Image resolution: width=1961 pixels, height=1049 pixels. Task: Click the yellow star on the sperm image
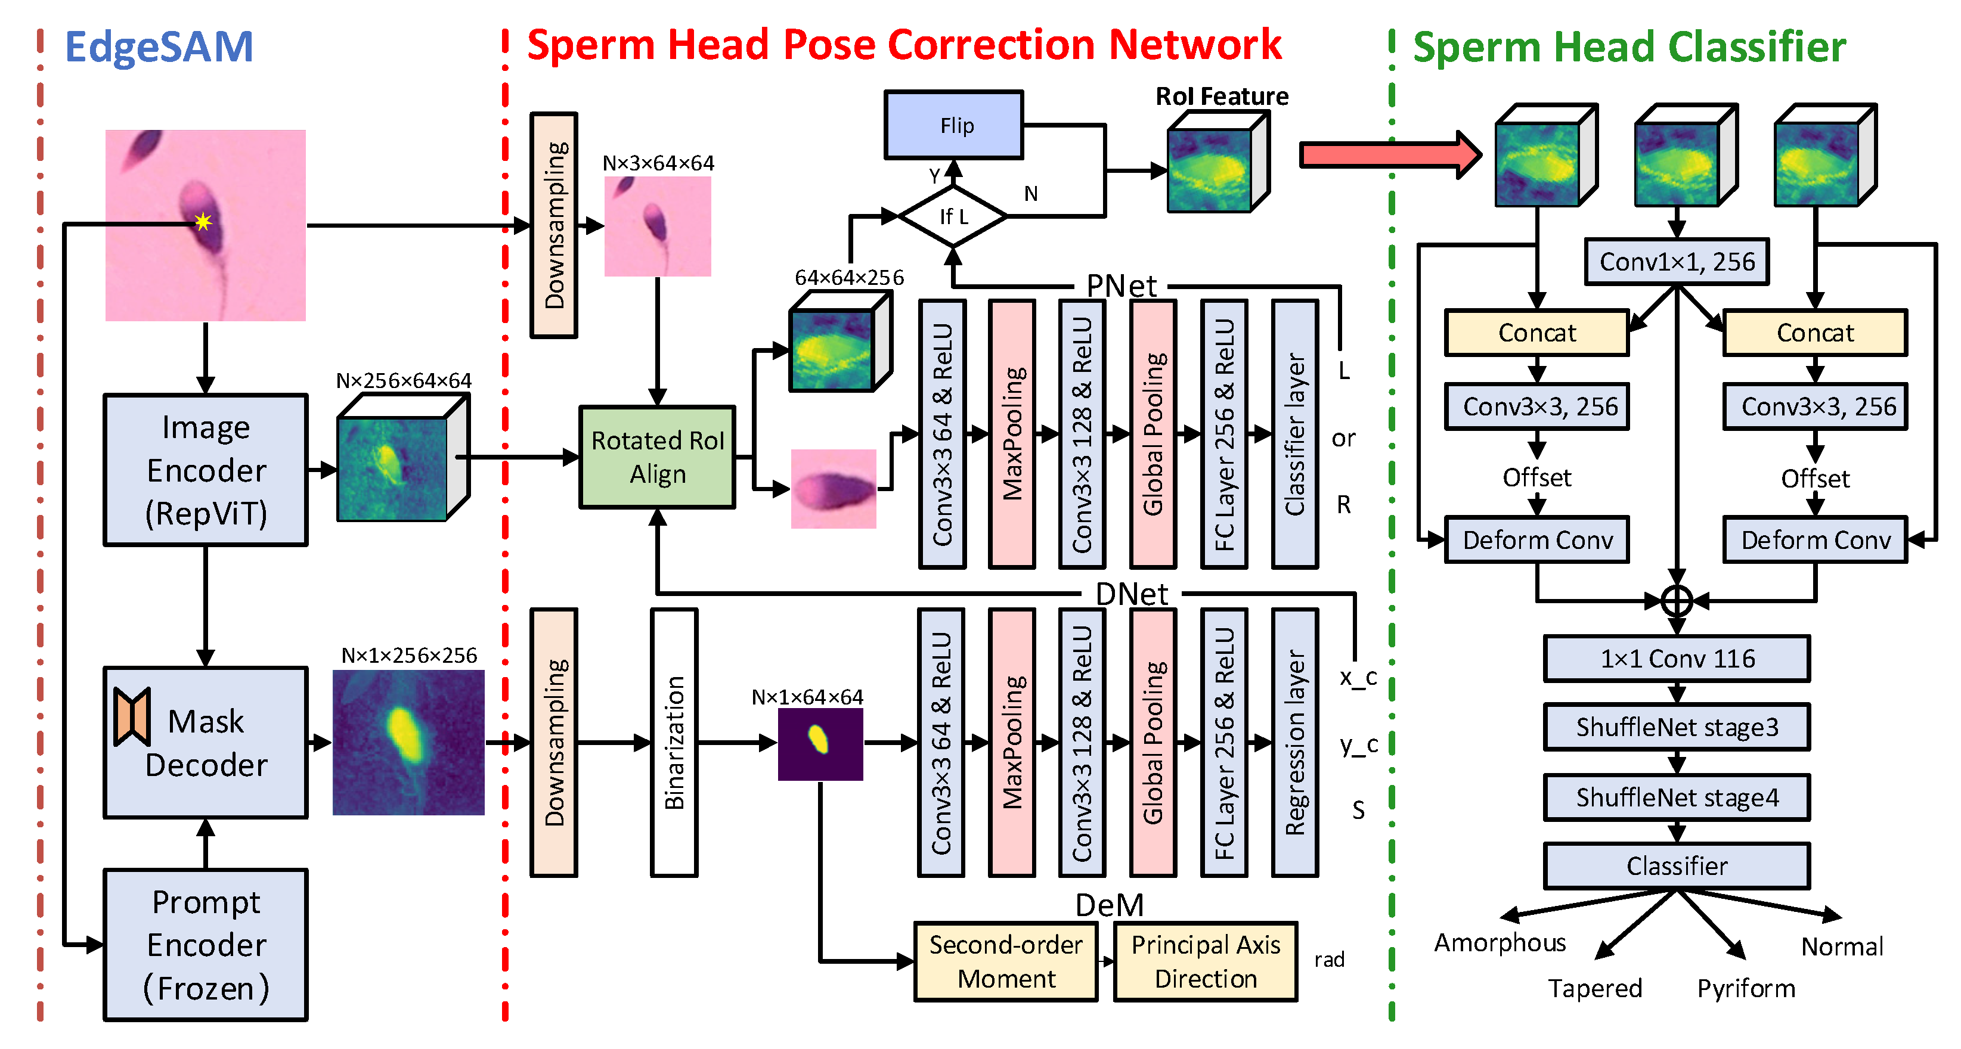[x=203, y=222]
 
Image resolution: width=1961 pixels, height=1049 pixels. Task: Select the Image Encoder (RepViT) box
[x=206, y=470]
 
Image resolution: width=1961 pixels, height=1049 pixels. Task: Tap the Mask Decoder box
[x=206, y=742]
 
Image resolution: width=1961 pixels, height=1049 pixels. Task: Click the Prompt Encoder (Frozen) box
[x=206, y=945]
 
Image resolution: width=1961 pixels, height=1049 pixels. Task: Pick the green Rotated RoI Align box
[x=657, y=457]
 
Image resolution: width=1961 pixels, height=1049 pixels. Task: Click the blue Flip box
[x=953, y=125]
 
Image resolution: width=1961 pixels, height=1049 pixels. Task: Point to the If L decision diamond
[x=953, y=216]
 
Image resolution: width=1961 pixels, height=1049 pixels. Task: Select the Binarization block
[x=674, y=742]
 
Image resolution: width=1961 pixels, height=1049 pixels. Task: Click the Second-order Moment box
[x=1006, y=961]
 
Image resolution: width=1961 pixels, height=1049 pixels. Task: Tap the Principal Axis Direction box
[x=1205, y=961]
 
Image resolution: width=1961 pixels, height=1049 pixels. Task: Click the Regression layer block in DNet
[x=1294, y=742]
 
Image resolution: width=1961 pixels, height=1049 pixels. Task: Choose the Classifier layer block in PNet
[x=1294, y=434]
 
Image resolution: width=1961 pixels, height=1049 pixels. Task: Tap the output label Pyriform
[x=1746, y=988]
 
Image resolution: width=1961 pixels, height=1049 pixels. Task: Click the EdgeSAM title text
[x=159, y=47]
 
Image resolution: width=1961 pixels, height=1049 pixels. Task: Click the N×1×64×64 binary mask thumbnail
[x=820, y=744]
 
